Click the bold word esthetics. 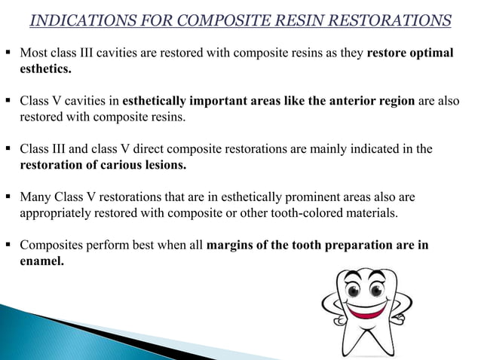46,69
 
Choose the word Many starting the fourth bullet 35,197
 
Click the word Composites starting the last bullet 51,245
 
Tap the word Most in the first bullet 33,53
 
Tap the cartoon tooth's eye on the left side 353,289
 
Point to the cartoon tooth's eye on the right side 379,289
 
